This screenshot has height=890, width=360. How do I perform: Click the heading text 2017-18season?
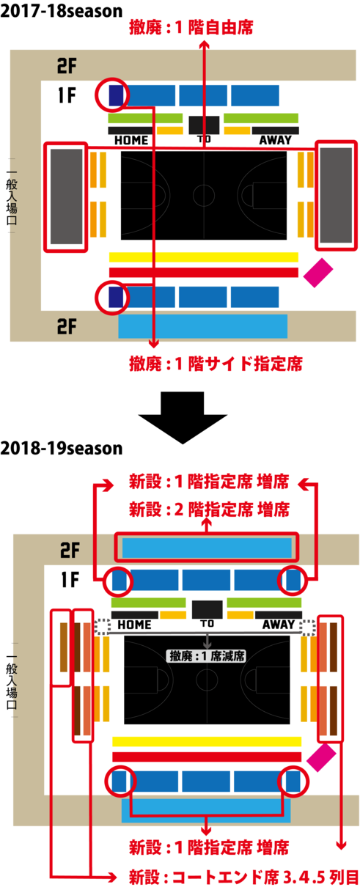coord(62,11)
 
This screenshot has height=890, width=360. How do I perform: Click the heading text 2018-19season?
coord(62,448)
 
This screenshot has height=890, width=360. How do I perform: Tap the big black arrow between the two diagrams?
coord(183,417)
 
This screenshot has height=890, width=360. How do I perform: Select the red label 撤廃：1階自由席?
coord(191,28)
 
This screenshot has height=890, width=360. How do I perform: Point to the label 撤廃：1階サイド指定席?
coord(216,364)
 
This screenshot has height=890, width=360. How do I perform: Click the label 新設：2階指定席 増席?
coord(210,510)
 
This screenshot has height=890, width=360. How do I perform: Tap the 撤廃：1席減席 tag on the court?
coord(207,655)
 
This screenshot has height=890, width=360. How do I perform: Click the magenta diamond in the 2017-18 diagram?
coord(318,273)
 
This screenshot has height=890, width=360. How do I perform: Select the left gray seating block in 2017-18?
coord(67,196)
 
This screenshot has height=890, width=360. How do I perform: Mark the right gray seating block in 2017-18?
coord(336,195)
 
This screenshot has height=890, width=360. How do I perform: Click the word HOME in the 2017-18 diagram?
coord(131,140)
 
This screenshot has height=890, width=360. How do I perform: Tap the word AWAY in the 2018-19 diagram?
coord(278,625)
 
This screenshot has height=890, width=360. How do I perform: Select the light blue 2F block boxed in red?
coord(207,548)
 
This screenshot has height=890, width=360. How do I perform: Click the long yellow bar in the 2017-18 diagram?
coord(203,257)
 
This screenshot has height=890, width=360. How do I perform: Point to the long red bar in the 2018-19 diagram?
coord(207,757)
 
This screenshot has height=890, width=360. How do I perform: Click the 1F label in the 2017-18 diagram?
coord(67,95)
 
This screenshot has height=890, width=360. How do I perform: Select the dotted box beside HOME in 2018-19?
coord(103,627)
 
